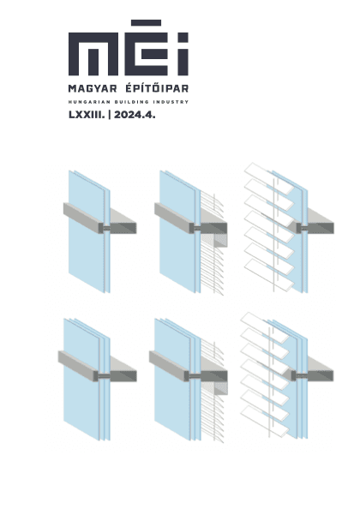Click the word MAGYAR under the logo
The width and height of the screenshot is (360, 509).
pos(93,88)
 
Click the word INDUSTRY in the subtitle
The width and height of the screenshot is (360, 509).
pos(171,102)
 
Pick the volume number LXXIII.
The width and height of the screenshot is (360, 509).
pos(87,115)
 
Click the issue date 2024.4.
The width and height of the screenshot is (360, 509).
pos(135,115)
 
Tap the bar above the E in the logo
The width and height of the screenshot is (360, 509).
pos(146,23)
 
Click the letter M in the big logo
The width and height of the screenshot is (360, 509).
pos(93,54)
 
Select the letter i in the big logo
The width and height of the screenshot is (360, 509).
pos(184,54)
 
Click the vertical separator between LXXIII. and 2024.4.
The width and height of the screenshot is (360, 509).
pos(110,115)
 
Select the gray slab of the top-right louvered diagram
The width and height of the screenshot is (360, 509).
pos(314,221)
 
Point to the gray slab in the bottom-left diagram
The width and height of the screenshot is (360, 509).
pos(98,366)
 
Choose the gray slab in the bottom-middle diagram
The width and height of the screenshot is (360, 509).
pos(189,366)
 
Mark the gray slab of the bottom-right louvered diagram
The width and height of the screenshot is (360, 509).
pos(311,369)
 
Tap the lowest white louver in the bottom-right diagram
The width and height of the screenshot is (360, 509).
pos(265,421)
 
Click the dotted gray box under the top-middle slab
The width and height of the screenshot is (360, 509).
pos(214,241)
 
